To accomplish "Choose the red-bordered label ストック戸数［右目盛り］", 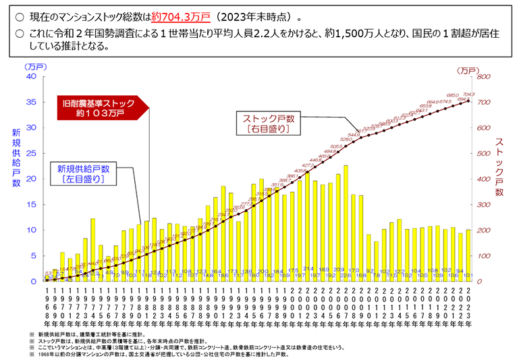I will (268, 123).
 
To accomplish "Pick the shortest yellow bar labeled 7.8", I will (376, 261).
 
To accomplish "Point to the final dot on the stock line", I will (468, 101).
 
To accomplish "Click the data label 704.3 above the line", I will (469, 94).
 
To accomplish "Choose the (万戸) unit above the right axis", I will (467, 70).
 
